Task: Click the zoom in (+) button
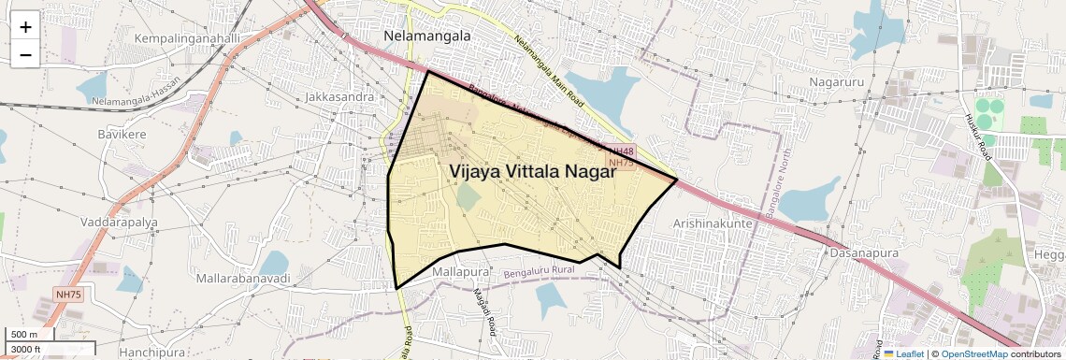coord(25,27)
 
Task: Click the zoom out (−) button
coord(25,54)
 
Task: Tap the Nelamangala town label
coord(427,36)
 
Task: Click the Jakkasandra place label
coord(339,96)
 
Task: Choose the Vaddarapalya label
coord(119,223)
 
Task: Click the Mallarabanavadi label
coord(243,279)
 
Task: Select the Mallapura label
coord(462,272)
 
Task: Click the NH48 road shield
coord(621,151)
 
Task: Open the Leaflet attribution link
coord(903,353)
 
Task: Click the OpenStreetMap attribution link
coord(973,353)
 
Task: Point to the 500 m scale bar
coord(31,335)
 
